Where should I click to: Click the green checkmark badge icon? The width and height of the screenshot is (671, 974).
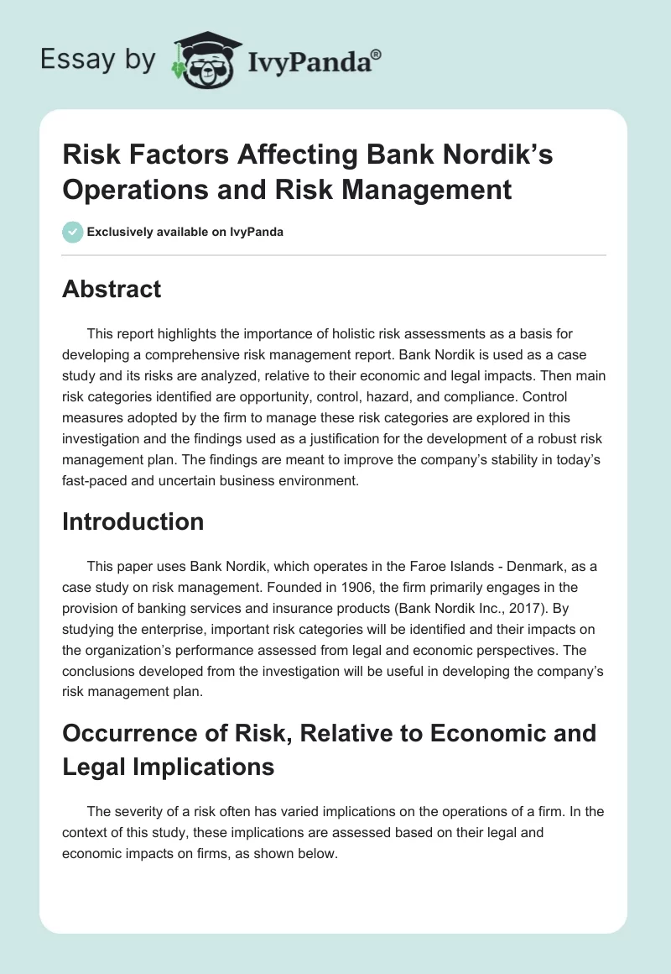[x=72, y=232]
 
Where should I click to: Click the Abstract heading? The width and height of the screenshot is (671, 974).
[x=112, y=289]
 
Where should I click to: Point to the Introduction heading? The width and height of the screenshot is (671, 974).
[x=133, y=521]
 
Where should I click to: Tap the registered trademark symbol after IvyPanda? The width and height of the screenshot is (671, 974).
[x=377, y=53]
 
